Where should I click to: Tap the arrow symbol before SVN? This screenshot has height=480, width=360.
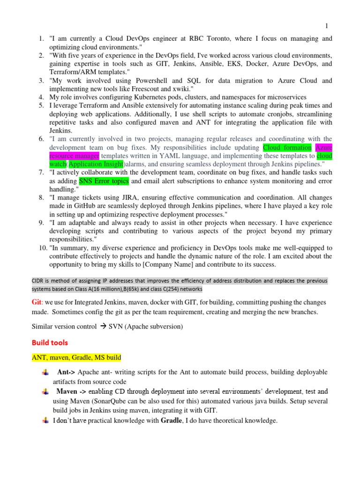click(101, 326)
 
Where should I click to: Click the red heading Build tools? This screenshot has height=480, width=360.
click(50, 343)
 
